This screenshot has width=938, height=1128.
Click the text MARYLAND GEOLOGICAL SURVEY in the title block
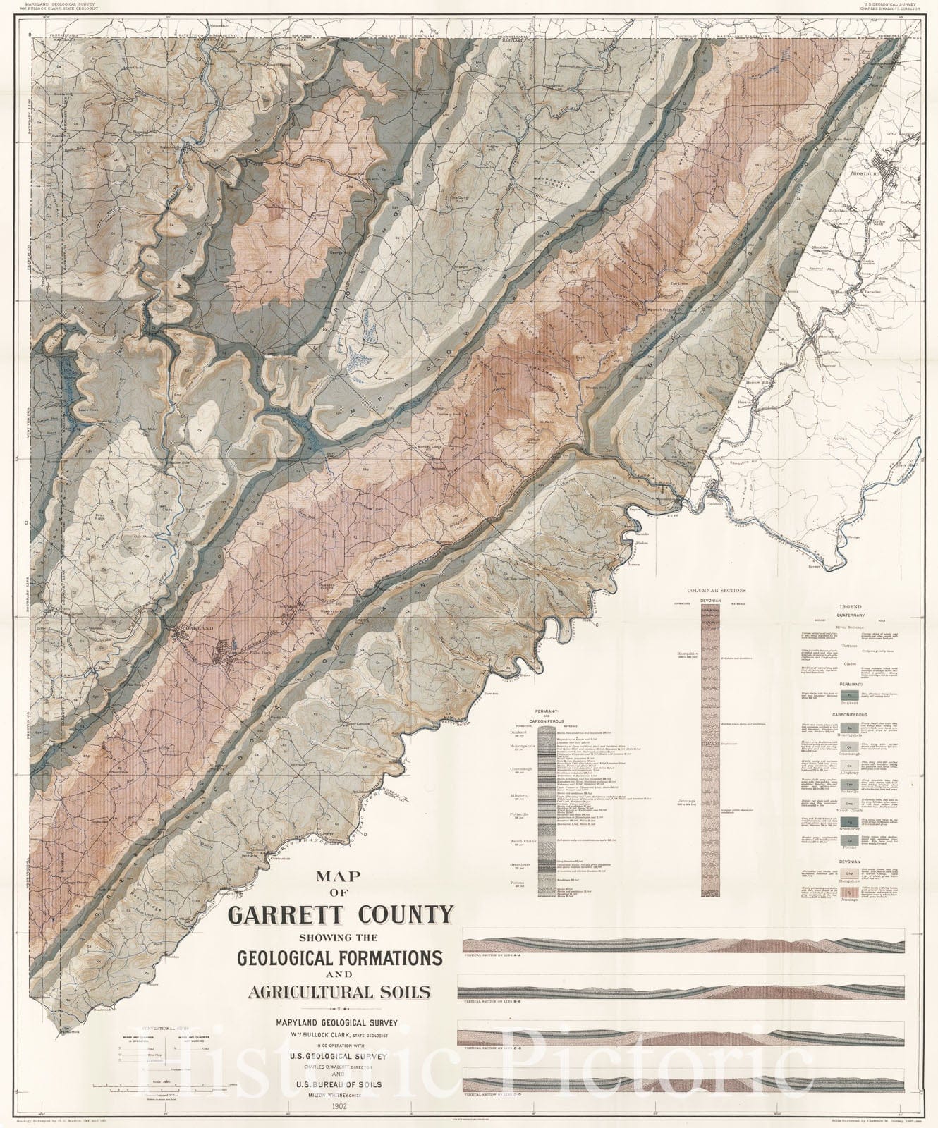point(340,1021)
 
